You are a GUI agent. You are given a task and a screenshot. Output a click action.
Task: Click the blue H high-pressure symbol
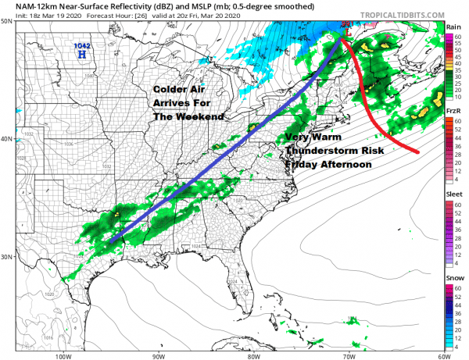click(x=81, y=55)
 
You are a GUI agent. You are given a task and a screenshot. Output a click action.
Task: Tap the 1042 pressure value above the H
click(x=81, y=46)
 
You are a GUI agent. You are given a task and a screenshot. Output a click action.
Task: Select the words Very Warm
click(x=311, y=137)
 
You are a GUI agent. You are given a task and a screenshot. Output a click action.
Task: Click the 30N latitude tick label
click(x=9, y=257)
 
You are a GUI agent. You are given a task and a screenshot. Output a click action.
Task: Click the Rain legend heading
click(x=453, y=26)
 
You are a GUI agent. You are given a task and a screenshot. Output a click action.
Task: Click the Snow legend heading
click(x=453, y=277)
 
